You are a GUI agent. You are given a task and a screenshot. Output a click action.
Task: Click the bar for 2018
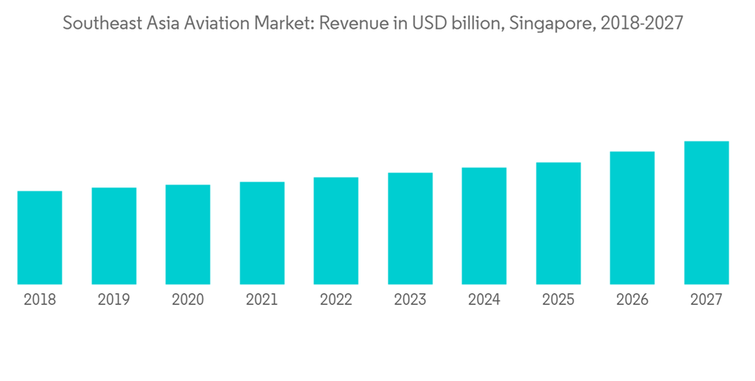pyautogui.click(x=40, y=237)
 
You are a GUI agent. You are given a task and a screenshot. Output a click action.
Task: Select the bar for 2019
pyautogui.click(x=114, y=236)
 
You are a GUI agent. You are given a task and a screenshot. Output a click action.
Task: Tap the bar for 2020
pyautogui.click(x=188, y=234)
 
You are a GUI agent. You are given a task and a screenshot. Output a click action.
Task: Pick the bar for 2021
pyautogui.click(x=262, y=233)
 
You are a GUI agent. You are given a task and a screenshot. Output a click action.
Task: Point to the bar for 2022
pyautogui.click(x=336, y=231)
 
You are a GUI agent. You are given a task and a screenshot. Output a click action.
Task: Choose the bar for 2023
pyautogui.click(x=411, y=228)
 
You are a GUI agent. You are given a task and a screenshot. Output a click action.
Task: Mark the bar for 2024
pyautogui.click(x=485, y=226)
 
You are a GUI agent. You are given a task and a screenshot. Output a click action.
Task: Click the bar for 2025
pyautogui.click(x=559, y=223)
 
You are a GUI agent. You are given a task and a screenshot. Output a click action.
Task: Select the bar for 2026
pyautogui.click(x=633, y=218)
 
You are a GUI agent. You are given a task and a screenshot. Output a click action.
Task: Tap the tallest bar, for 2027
pyautogui.click(x=707, y=212)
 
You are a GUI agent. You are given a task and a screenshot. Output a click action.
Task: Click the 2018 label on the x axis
pyautogui.click(x=40, y=300)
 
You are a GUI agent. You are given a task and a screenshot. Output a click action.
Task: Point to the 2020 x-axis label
pyautogui.click(x=188, y=300)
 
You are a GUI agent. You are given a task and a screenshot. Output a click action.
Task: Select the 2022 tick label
pyautogui.click(x=336, y=300)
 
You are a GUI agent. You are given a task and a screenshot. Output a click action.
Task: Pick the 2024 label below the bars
pyautogui.click(x=485, y=300)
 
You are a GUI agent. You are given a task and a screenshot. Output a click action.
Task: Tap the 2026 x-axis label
pyautogui.click(x=633, y=300)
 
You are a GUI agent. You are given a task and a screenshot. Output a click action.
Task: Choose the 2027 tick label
pyautogui.click(x=707, y=300)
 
